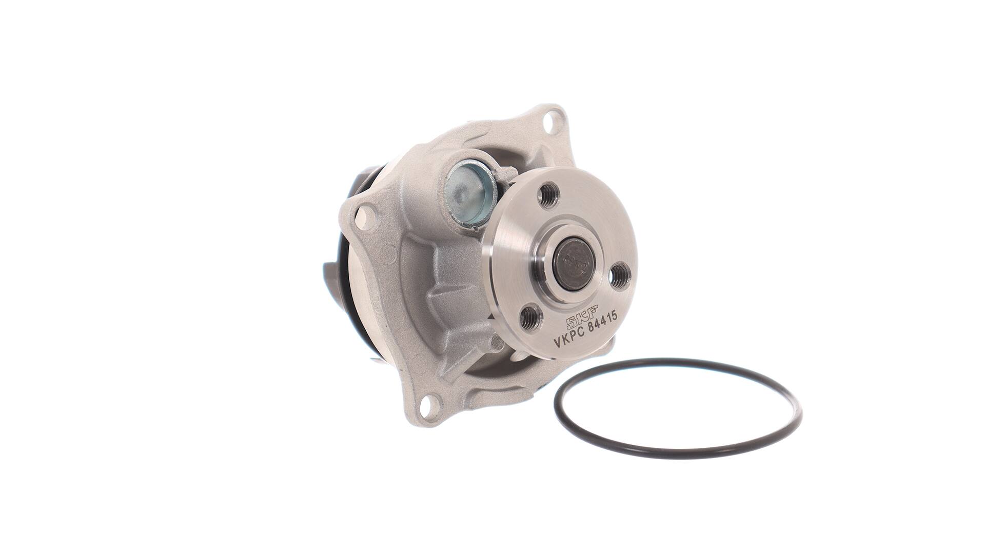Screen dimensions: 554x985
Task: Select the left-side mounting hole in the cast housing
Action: pos(365,213)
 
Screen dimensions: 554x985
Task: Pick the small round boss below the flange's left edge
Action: pos(496,343)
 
